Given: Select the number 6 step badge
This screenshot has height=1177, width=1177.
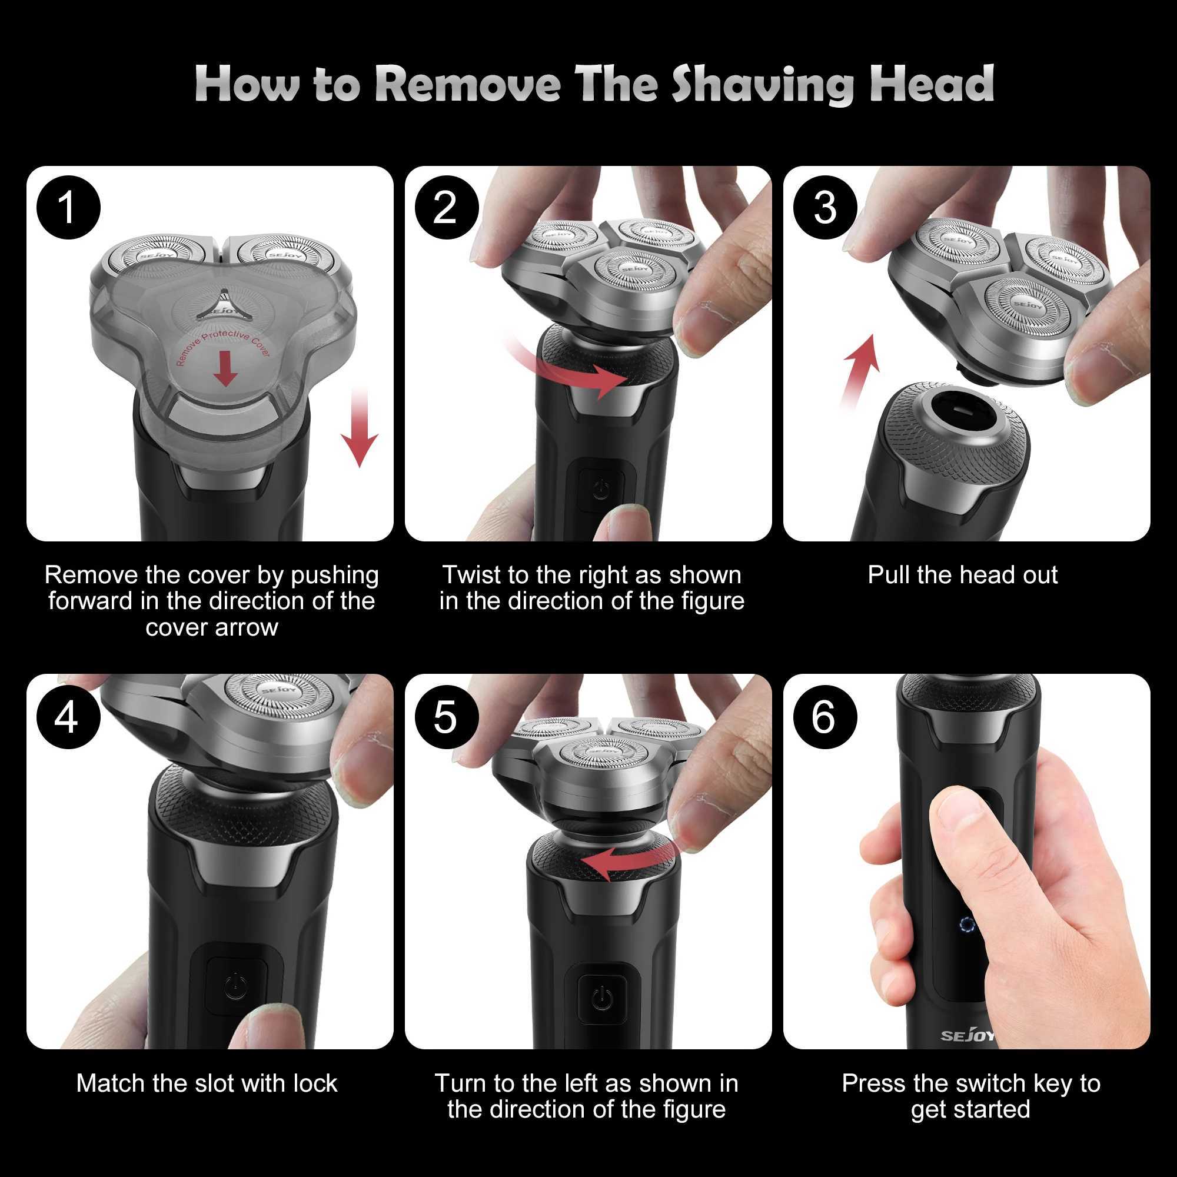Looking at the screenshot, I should (x=825, y=717).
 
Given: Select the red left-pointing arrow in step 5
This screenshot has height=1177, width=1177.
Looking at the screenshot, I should (x=627, y=861).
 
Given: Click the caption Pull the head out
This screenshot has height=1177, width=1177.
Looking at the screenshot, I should (x=963, y=575).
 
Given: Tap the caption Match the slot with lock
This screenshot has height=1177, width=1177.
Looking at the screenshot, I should (x=207, y=1084).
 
